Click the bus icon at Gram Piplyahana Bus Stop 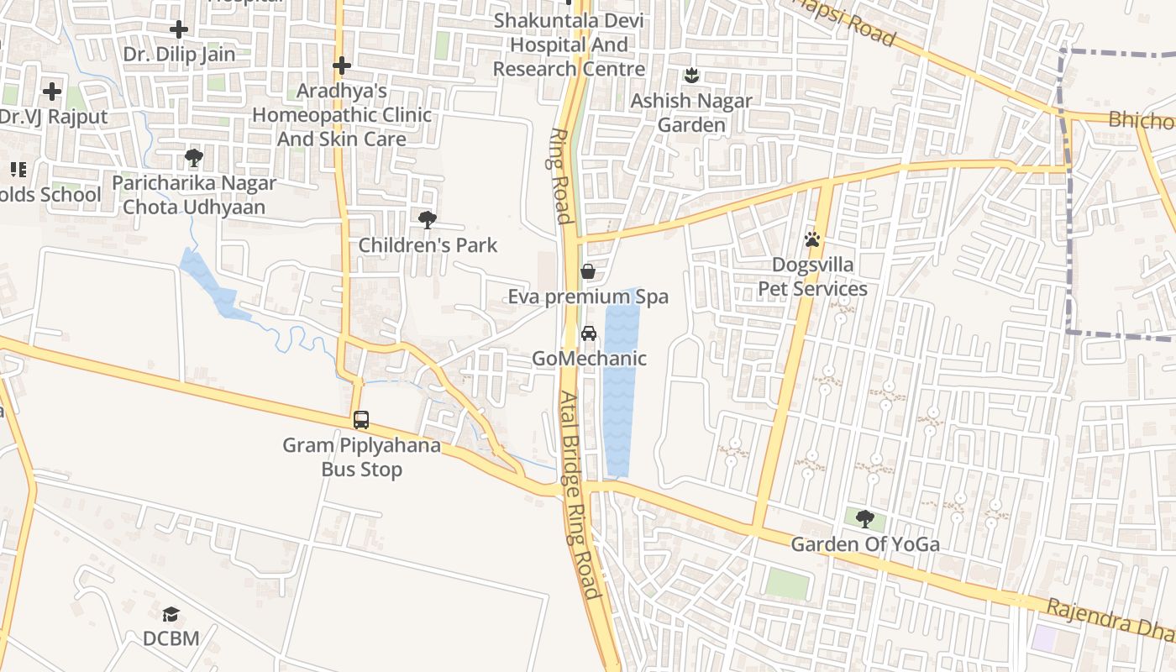click(x=361, y=419)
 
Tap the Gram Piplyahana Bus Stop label click(x=361, y=457)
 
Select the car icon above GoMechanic click(x=589, y=333)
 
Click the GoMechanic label click(x=589, y=359)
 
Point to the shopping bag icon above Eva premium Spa click(x=588, y=271)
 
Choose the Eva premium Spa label click(x=588, y=297)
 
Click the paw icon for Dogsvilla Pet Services click(x=811, y=239)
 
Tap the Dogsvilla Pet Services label click(x=812, y=277)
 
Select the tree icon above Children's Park click(x=428, y=220)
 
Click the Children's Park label click(x=428, y=245)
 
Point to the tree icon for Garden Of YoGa click(x=865, y=518)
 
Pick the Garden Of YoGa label click(x=865, y=544)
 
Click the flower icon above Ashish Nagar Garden click(x=691, y=76)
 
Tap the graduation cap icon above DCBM click(x=171, y=613)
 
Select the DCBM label click(x=171, y=638)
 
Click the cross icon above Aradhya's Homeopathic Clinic click(x=341, y=65)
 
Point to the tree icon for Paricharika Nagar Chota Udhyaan click(x=194, y=157)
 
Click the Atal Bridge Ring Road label click(x=581, y=496)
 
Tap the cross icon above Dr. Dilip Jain click(x=179, y=29)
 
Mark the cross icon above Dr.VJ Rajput click(x=52, y=91)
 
